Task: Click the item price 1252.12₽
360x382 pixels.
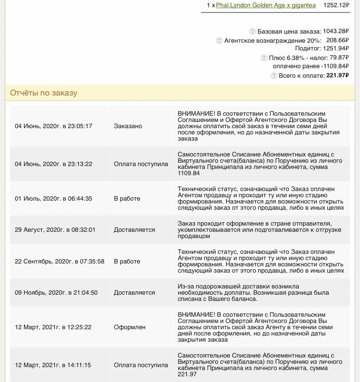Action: click(x=336, y=5)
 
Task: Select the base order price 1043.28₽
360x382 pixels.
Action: click(x=336, y=31)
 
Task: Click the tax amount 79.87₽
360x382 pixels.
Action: click(x=337, y=58)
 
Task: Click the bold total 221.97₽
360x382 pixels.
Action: click(x=337, y=75)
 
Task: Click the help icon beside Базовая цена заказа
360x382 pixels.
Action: click(x=252, y=31)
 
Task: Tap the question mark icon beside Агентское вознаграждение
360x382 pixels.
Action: click(x=219, y=41)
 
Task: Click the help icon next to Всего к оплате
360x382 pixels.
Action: click(x=274, y=75)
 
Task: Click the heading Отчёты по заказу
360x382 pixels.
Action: click(x=44, y=93)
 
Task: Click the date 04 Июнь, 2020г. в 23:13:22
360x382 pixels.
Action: click(x=54, y=164)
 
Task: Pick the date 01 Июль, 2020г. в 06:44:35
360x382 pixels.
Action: click(x=54, y=199)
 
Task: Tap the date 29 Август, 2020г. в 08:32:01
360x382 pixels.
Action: click(x=55, y=230)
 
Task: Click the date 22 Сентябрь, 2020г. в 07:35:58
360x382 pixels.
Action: click(x=60, y=262)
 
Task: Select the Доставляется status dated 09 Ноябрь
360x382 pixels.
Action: click(x=134, y=293)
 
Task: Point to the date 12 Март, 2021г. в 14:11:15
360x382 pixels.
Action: click(x=53, y=365)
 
